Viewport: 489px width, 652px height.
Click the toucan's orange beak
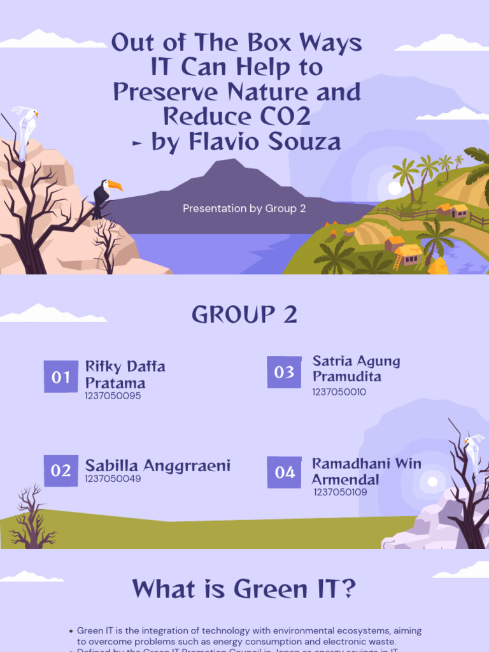pyautogui.click(x=115, y=186)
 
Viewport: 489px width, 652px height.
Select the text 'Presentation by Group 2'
pyautogui.click(x=244, y=208)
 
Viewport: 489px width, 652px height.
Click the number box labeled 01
pyautogui.click(x=61, y=377)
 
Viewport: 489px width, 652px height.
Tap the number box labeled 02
pyautogui.click(x=61, y=471)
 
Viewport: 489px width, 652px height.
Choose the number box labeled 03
pyautogui.click(x=284, y=372)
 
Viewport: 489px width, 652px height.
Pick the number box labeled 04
pyautogui.click(x=285, y=472)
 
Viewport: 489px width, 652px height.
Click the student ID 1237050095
pyautogui.click(x=113, y=396)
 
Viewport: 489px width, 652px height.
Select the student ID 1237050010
pyautogui.click(x=339, y=392)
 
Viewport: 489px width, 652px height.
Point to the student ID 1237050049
pyautogui.click(x=113, y=479)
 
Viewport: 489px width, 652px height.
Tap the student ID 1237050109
pyautogui.click(x=340, y=492)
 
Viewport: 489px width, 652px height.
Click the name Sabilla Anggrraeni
pyautogui.click(x=157, y=465)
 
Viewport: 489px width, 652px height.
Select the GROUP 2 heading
pyautogui.click(x=244, y=315)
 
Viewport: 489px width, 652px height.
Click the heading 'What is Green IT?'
pyautogui.click(x=243, y=589)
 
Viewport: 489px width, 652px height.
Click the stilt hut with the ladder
pyautogui.click(x=406, y=253)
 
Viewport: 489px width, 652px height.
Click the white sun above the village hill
pyautogui.click(x=395, y=188)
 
